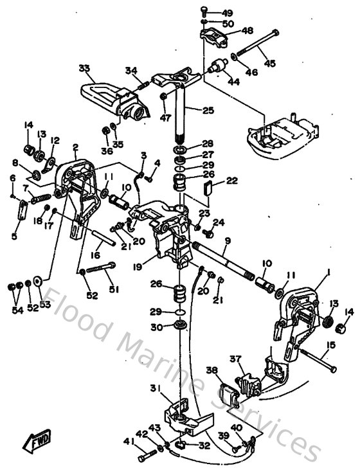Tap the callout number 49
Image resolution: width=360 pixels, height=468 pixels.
click(228, 13)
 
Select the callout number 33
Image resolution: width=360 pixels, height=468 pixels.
click(84, 67)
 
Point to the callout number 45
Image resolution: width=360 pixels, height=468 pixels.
click(269, 63)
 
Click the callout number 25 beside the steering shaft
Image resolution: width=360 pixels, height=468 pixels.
click(208, 111)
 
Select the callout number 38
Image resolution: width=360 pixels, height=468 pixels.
click(212, 370)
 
